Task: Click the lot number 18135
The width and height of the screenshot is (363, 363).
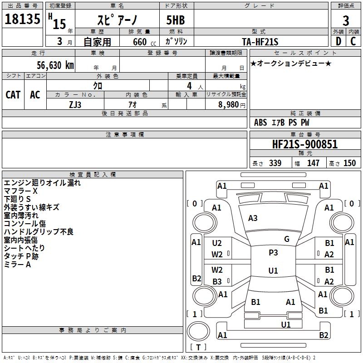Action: click(x=22, y=19)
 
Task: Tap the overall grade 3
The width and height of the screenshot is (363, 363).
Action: click(x=346, y=21)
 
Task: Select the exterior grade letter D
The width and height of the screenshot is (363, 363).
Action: click(x=338, y=41)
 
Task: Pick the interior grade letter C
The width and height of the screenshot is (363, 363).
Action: click(x=353, y=41)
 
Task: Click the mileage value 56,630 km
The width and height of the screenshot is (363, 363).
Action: click(x=55, y=65)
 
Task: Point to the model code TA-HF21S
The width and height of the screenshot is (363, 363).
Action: click(x=260, y=42)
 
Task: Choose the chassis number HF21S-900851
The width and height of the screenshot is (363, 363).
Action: click(x=305, y=144)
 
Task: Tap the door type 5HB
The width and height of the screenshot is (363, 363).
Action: click(x=176, y=20)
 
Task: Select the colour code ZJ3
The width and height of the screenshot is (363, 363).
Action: click(x=75, y=105)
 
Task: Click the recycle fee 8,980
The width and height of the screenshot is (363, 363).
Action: click(x=229, y=105)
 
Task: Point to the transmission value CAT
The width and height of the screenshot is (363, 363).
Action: click(x=13, y=95)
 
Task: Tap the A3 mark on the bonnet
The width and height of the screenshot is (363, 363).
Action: click(x=253, y=218)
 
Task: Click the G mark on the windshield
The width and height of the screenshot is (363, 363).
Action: click(x=287, y=239)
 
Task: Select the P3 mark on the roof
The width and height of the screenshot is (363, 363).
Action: click(x=273, y=253)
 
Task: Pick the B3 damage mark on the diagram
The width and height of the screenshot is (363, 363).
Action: click(x=217, y=281)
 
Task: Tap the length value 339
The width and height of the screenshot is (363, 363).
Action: click(x=275, y=163)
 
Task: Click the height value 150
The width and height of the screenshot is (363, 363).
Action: click(x=349, y=163)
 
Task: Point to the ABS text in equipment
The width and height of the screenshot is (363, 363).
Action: click(x=260, y=123)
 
